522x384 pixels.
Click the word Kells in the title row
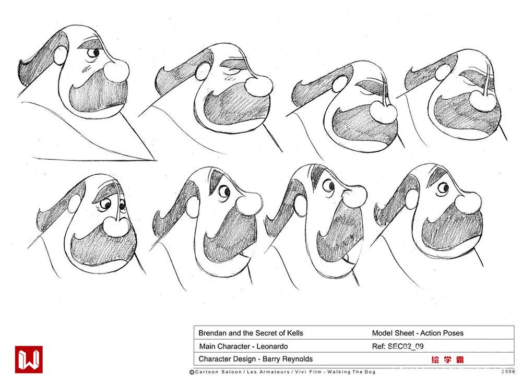pyautogui.click(x=295, y=333)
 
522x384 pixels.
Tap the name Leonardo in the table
pyautogui.click(x=272, y=346)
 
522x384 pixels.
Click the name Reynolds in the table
pyautogui.click(x=298, y=359)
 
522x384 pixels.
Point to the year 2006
pyautogui.click(x=508, y=371)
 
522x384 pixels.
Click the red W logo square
pyautogui.click(x=29, y=359)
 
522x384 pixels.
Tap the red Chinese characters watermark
pyautogui.click(x=447, y=359)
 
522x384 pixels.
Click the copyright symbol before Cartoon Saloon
pyautogui.click(x=192, y=372)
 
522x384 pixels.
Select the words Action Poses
pyautogui.click(x=442, y=333)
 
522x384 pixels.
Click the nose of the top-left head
pyautogui.click(x=116, y=70)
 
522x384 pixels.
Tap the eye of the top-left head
pyautogui.click(x=93, y=53)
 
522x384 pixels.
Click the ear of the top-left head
pyautogui.click(x=60, y=55)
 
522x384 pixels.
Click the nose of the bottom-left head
pyautogui.click(x=116, y=226)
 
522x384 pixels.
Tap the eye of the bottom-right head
pyautogui.click(x=443, y=188)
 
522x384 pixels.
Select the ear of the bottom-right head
pyautogui.click(x=412, y=199)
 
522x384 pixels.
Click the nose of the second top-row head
pyautogui.click(x=259, y=86)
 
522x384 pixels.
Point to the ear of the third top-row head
pyautogui.click(x=340, y=84)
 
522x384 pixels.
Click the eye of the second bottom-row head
pyautogui.click(x=224, y=191)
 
